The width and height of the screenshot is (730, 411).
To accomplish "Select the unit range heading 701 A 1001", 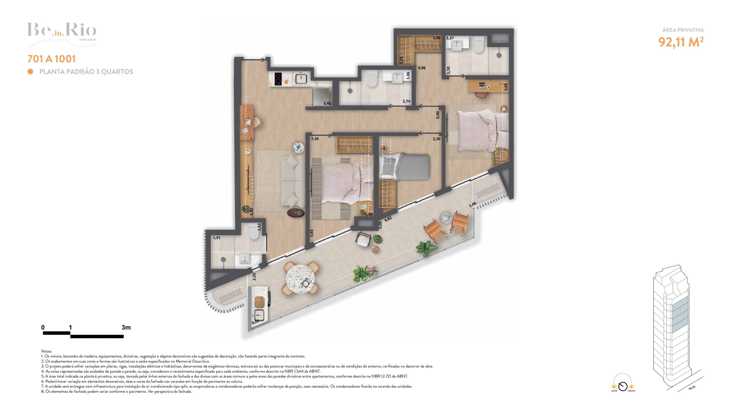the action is click(52, 59).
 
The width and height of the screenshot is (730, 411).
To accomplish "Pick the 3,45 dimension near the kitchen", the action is click(327, 103).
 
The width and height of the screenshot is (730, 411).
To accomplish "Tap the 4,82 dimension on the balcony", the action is click(388, 219).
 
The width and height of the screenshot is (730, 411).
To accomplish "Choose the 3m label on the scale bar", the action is click(126, 327).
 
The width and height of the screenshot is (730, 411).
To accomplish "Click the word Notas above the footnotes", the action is click(46, 351).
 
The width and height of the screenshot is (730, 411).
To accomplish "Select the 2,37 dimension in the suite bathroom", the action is click(450, 38).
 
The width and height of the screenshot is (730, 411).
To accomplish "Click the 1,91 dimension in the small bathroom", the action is click(217, 237).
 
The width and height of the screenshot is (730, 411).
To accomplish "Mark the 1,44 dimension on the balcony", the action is click(472, 204).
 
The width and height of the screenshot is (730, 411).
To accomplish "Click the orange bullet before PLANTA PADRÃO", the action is click(30, 71).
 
